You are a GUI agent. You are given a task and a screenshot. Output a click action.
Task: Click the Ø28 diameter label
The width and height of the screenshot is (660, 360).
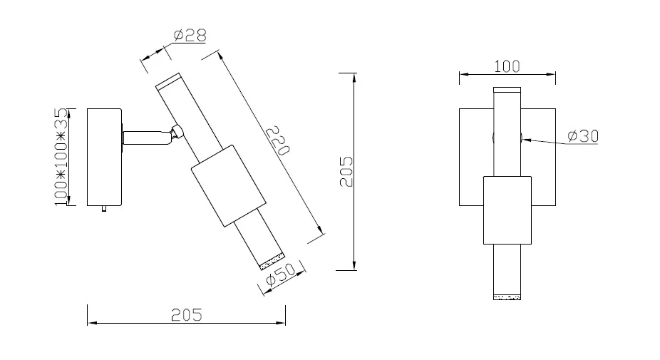pos(190,36)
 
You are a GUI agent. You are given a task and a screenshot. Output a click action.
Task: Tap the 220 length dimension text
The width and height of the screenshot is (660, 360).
pos(278,140)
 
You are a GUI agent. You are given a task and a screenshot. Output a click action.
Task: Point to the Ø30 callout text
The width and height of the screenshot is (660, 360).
pos(583,136)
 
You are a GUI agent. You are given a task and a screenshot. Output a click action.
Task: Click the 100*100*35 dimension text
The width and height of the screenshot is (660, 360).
pos(61,157)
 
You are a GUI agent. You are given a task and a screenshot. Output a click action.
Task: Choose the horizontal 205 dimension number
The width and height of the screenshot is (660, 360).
pos(187,315)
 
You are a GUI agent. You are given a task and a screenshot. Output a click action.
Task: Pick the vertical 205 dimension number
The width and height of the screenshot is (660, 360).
pos(346,172)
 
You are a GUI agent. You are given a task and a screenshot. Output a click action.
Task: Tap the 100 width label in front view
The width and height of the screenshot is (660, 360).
pos(507,66)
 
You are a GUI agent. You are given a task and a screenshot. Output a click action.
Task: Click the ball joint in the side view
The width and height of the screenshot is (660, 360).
pos(177,131)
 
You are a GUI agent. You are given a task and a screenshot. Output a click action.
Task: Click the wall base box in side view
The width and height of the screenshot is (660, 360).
pos(104,157)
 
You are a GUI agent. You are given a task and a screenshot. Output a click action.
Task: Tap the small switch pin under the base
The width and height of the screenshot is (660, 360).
pos(104,208)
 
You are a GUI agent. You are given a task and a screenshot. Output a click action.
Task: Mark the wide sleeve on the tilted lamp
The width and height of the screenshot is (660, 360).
pos(229,186)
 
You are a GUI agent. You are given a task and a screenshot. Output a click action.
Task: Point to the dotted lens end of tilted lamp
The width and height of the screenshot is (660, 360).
pos(272,261)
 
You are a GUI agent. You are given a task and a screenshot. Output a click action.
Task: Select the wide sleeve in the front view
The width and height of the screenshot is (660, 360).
pos(507,210)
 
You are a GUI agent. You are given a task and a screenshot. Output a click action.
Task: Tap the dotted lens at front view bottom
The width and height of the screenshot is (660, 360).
pos(507,297)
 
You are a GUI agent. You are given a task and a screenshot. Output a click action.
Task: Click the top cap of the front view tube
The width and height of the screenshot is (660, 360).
pos(507,90)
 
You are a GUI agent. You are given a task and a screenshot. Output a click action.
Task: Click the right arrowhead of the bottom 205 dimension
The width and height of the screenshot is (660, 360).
pos(281,323)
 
